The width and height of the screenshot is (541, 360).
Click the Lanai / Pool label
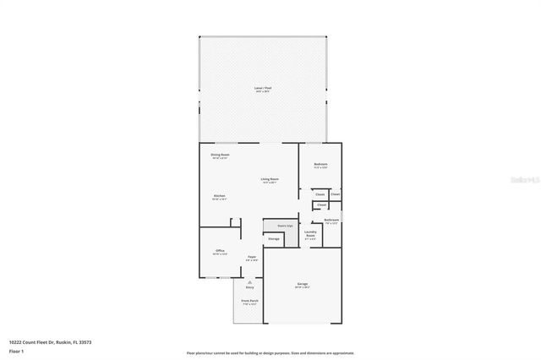pyautogui.click(x=263, y=88)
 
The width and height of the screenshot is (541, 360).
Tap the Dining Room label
pyautogui.click(x=220, y=155)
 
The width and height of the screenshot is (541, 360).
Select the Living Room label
pyautogui.click(x=270, y=179)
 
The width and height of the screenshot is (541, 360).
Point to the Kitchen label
pyautogui.click(x=219, y=196)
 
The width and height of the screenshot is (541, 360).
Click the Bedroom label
pyautogui.click(x=320, y=164)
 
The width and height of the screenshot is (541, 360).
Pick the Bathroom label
pyautogui.click(x=331, y=221)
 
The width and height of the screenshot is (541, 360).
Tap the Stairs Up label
pyautogui.click(x=284, y=226)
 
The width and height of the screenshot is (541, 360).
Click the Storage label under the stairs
pyautogui.click(x=274, y=239)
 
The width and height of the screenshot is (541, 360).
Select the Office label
pyautogui.click(x=220, y=251)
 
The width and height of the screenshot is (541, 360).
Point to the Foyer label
pyautogui.click(x=251, y=257)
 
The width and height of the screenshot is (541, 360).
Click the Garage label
pyautogui.click(x=302, y=283)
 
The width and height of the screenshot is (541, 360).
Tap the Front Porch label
pyautogui.click(x=249, y=301)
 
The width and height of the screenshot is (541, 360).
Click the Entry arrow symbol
pyautogui.click(x=249, y=281)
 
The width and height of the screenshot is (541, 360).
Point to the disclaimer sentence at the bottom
pyautogui.click(x=270, y=353)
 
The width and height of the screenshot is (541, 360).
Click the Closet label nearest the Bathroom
pyautogui.click(x=320, y=205)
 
